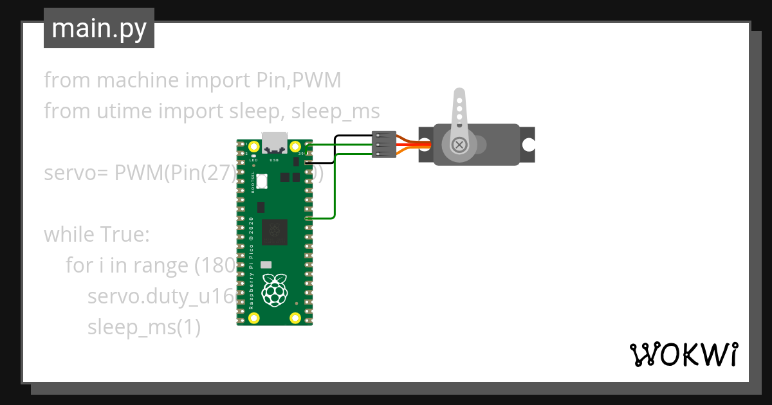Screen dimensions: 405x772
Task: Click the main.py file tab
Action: pos(99,29)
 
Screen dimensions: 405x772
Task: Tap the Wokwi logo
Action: pos(683,354)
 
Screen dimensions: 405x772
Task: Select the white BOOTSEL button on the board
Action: pos(262,181)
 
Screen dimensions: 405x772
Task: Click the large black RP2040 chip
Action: pos(275,232)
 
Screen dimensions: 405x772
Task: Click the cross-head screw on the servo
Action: pos(459,145)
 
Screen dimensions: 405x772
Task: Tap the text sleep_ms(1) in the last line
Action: pos(144,327)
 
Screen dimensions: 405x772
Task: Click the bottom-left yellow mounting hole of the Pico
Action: pos(253,318)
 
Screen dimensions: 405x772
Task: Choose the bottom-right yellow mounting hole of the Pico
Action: pos(295,318)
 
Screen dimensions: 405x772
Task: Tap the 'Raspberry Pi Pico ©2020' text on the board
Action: pos(252,264)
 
